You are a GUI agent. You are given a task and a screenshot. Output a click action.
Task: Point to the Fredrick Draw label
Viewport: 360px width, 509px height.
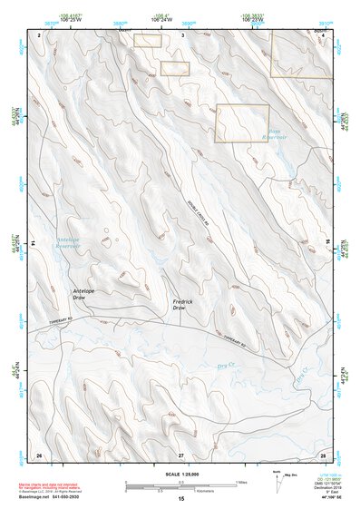(x=185, y=304)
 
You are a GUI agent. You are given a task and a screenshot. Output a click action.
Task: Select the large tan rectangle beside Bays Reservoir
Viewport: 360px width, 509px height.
(x=241, y=122)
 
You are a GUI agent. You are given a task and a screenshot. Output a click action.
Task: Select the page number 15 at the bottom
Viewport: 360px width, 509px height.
(x=180, y=498)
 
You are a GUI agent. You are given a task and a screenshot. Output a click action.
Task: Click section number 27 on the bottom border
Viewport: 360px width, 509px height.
(x=180, y=454)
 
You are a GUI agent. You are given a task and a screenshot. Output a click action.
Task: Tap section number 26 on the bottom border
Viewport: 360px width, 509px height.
(x=38, y=454)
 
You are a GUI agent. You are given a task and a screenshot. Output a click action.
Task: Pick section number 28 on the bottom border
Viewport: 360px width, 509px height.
(x=322, y=454)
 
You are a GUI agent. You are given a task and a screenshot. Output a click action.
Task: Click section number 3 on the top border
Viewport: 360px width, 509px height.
(x=182, y=34)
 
